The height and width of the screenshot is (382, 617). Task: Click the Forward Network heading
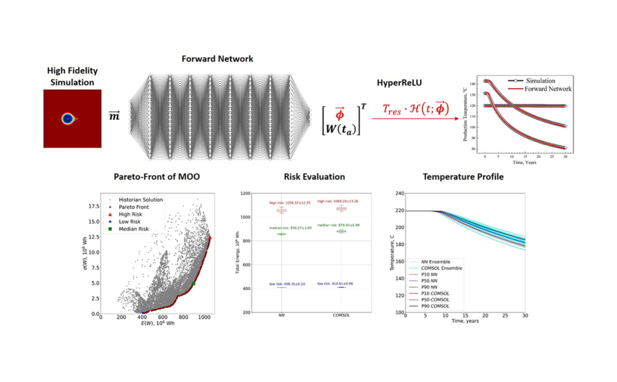217,59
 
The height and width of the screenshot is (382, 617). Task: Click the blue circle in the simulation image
68,119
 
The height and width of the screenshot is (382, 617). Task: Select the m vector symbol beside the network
115,117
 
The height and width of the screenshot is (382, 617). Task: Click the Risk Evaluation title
314,176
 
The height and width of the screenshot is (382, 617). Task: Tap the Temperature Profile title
462,176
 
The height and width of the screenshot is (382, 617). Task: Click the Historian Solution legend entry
140,200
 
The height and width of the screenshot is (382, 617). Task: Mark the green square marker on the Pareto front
193,284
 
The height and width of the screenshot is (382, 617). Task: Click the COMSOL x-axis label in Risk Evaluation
341,316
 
